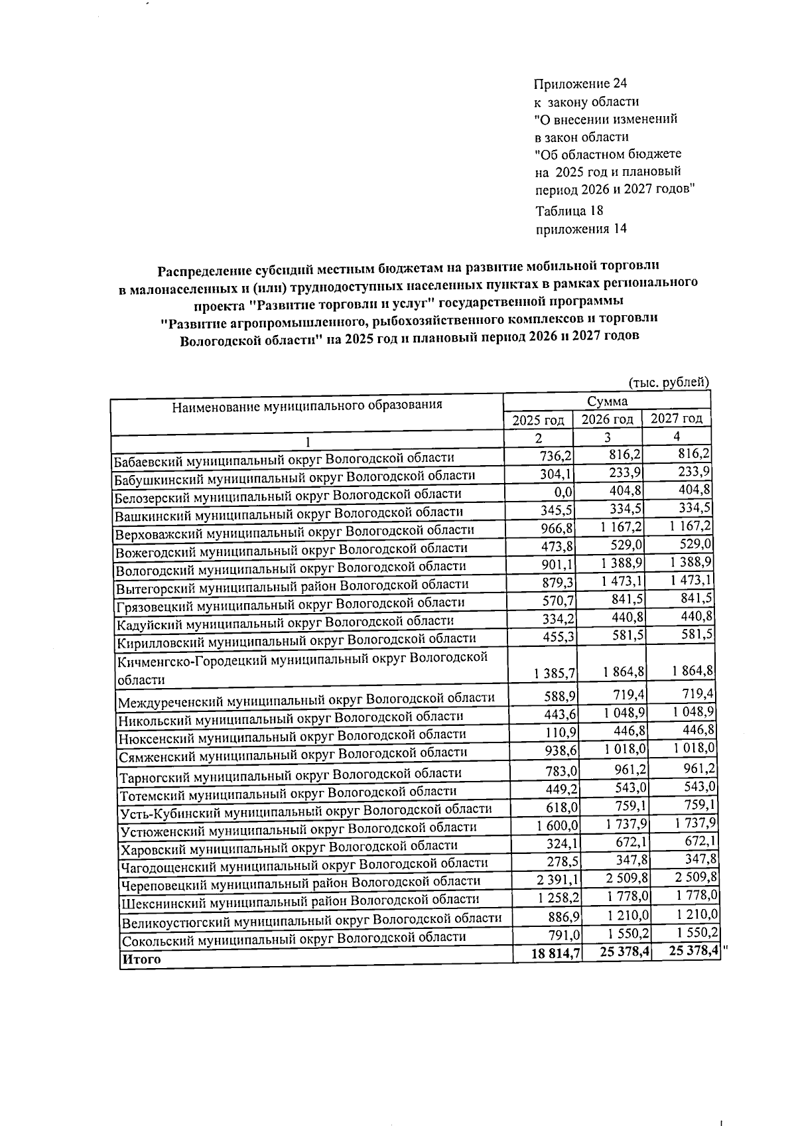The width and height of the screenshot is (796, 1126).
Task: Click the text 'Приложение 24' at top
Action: tap(580, 84)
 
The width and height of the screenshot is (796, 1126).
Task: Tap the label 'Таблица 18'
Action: tap(568, 211)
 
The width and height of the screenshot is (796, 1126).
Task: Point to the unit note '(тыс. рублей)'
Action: tap(669, 382)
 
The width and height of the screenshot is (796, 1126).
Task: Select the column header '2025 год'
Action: tap(538, 420)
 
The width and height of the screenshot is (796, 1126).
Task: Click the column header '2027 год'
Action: tap(676, 419)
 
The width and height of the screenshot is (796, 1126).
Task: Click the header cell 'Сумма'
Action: tap(606, 401)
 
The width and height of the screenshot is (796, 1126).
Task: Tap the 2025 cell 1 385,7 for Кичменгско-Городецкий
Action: tap(553, 673)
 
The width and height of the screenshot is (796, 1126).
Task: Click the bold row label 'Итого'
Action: tap(141, 959)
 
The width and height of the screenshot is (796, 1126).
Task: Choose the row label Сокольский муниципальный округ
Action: tap(293, 937)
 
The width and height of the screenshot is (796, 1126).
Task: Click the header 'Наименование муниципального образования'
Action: tap(306, 405)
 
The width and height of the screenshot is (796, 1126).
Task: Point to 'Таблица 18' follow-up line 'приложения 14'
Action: tap(580, 229)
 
